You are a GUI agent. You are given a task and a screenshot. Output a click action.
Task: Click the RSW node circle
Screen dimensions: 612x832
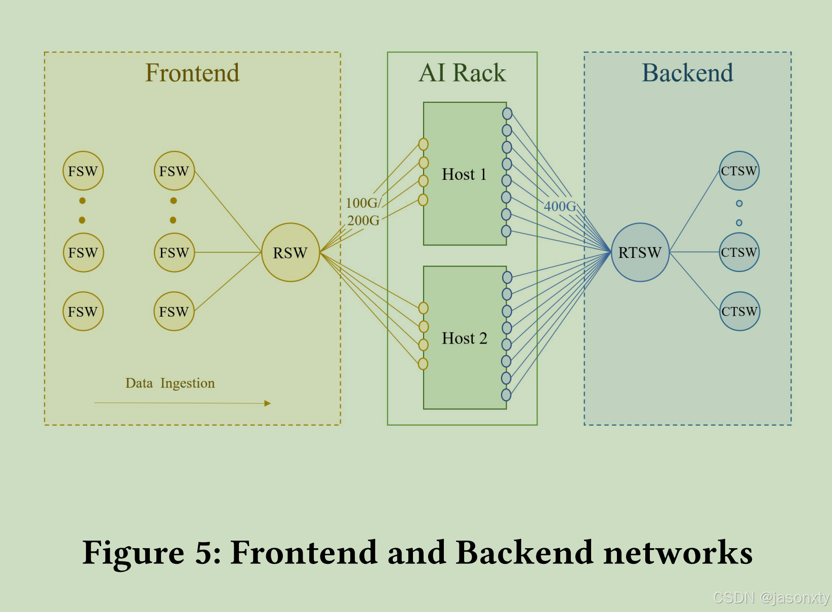(290, 252)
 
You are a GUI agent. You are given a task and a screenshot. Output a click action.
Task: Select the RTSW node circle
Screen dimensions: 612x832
(640, 252)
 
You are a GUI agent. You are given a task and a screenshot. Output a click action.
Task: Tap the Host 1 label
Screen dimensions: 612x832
(464, 174)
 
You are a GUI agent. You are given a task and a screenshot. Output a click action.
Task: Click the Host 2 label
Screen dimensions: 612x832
(464, 338)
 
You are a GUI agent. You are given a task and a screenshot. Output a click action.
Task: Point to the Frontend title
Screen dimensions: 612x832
(192, 72)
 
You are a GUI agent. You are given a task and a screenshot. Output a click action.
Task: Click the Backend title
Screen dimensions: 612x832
(687, 72)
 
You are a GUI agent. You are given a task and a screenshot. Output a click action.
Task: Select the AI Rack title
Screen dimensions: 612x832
(462, 72)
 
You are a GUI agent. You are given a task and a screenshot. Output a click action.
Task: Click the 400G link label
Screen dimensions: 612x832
(560, 206)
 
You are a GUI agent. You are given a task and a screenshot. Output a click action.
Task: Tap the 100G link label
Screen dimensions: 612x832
(362, 203)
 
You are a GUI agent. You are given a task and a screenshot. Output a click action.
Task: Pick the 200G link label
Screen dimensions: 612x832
(363, 220)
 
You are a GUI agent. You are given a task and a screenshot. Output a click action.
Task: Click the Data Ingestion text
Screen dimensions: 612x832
(170, 383)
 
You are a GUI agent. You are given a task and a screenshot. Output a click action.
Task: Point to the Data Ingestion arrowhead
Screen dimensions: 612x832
(268, 403)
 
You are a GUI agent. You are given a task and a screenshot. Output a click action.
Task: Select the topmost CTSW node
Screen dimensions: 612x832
(739, 171)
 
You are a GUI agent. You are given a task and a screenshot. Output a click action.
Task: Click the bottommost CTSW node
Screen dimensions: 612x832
(739, 311)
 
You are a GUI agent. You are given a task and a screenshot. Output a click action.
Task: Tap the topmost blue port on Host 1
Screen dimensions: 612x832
(507, 113)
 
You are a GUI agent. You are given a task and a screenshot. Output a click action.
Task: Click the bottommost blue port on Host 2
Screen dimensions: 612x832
(506, 395)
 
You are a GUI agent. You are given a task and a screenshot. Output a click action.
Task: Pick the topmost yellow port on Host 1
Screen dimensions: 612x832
(424, 144)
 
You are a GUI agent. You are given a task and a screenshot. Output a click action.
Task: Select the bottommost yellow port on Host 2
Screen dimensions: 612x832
(423, 364)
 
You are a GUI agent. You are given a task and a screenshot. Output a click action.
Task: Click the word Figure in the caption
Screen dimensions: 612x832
(133, 552)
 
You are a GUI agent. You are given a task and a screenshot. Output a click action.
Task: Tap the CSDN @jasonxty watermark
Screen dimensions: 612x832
(771, 598)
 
